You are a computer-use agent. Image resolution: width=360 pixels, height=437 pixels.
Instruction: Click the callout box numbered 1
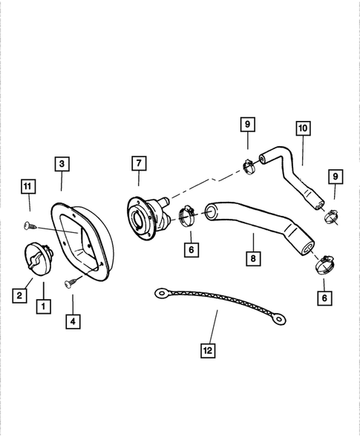(43, 304)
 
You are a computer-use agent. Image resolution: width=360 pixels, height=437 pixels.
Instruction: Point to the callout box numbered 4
(73, 321)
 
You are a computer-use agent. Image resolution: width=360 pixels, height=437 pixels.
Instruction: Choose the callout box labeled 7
(137, 163)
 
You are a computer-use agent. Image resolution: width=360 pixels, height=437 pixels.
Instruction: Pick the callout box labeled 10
(302, 128)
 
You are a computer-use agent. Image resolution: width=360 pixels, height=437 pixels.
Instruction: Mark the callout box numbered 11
(27, 185)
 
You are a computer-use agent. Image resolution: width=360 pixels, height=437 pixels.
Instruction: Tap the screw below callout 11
(28, 224)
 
